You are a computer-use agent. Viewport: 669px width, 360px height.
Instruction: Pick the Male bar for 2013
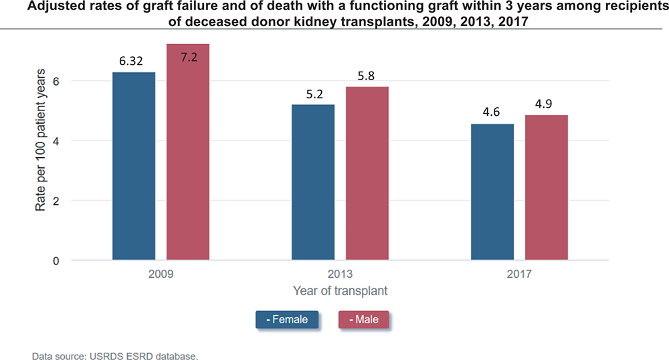(367, 173)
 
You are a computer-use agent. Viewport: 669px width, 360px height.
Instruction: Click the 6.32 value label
(132, 61)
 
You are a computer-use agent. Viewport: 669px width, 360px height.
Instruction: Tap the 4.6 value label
(492, 112)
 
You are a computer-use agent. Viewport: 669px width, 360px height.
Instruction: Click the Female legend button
(287, 319)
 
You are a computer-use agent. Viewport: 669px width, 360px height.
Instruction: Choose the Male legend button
(364, 319)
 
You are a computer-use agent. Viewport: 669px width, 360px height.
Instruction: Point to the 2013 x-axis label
(340, 274)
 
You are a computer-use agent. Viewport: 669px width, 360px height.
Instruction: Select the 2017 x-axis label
(519, 274)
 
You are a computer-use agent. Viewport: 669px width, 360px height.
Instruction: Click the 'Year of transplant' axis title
(340, 291)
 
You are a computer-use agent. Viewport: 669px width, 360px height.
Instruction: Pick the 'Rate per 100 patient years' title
(41, 140)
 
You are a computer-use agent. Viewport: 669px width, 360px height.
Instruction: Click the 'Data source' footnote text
(114, 356)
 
